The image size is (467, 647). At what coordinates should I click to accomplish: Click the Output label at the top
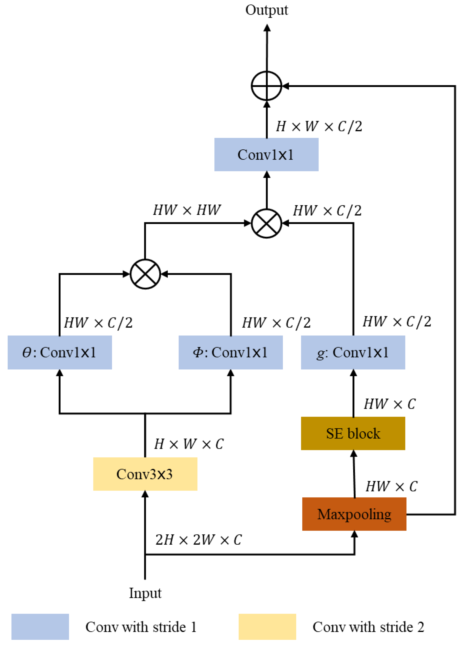[266, 10]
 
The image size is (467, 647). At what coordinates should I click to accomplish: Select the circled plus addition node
[266, 86]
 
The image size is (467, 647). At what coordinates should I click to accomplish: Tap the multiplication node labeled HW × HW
[266, 223]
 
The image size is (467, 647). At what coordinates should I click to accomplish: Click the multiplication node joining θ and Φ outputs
[145, 274]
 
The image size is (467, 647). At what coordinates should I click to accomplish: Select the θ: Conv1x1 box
[60, 352]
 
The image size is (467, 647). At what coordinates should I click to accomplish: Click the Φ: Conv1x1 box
[230, 352]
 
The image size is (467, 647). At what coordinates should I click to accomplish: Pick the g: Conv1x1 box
[353, 352]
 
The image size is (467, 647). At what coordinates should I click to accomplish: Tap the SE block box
[353, 433]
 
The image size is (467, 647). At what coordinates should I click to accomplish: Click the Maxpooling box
[354, 514]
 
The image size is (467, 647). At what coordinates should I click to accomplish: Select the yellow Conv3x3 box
[145, 474]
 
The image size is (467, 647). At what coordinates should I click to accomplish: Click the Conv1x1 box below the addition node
[266, 155]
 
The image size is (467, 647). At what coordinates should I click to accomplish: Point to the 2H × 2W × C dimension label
[198, 540]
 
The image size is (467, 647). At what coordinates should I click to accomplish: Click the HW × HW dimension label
[187, 210]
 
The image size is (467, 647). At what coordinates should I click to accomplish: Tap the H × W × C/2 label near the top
[319, 126]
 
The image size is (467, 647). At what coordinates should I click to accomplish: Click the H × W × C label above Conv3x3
[189, 444]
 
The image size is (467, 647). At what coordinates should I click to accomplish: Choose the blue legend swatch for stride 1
[40, 627]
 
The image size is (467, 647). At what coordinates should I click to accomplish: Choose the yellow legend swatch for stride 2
[267, 627]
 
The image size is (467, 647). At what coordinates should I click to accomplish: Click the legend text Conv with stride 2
[368, 627]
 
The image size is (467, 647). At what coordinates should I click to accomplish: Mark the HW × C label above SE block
[390, 404]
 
